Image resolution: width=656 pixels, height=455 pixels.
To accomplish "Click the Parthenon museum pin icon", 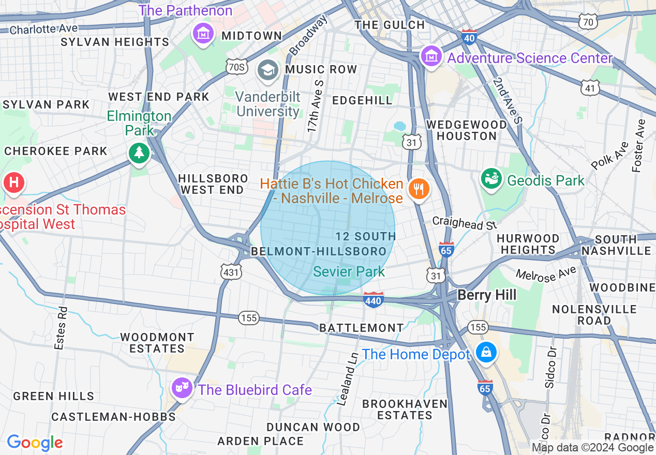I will pyautogui.click(x=203, y=34).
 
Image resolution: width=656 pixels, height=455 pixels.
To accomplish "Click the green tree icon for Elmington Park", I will pyautogui.click(x=139, y=153).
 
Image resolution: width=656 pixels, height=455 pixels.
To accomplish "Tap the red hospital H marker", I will pyautogui.click(x=14, y=183).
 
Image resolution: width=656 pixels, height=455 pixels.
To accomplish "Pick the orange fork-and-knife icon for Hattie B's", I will pyautogui.click(x=418, y=189).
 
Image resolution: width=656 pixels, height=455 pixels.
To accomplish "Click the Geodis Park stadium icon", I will pyautogui.click(x=491, y=179).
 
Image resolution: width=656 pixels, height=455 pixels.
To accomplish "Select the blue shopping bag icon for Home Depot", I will pyautogui.click(x=486, y=353).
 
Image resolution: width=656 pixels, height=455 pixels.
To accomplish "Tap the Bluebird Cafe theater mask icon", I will pyautogui.click(x=182, y=388).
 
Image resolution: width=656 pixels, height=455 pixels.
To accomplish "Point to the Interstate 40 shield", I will pyautogui.click(x=469, y=37).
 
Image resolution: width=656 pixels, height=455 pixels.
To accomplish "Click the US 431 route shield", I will pyautogui.click(x=230, y=271).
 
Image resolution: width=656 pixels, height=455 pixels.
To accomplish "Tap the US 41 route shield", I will pyautogui.click(x=590, y=87).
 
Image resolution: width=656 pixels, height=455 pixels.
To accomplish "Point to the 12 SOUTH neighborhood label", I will pyautogui.click(x=365, y=236).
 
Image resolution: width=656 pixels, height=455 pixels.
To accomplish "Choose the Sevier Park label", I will pyautogui.click(x=349, y=271).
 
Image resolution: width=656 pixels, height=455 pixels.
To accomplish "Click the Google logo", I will pyautogui.click(x=35, y=443).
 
